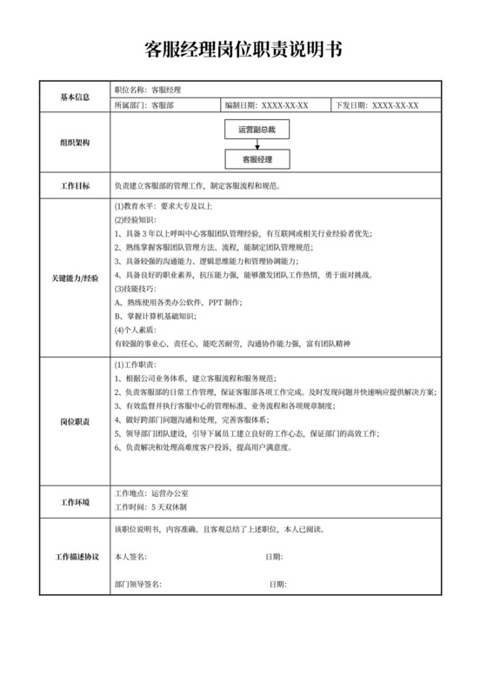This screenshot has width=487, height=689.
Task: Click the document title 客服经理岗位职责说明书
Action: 243,49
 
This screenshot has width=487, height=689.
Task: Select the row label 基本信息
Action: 75,97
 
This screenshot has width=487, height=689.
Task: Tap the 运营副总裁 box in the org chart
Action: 257,130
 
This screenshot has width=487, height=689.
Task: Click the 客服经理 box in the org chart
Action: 257,160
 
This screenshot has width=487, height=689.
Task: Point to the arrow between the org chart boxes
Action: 257,144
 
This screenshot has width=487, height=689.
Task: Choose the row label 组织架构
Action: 75,144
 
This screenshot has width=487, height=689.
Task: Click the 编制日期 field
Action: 266,106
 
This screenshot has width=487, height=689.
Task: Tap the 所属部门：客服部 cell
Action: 139,106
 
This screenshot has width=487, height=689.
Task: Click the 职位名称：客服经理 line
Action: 147,90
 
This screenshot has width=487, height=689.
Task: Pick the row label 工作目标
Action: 75,186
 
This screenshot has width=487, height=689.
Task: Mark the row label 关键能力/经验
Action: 75,276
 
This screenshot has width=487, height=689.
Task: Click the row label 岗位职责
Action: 75,421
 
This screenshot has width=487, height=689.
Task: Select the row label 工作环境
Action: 75,503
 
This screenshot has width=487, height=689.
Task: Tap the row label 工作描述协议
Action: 75,556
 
